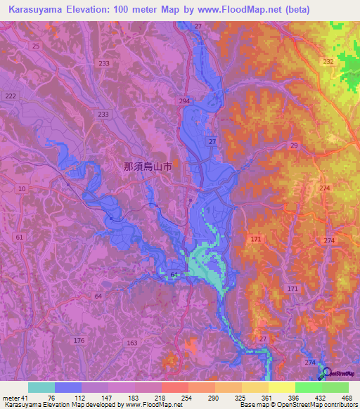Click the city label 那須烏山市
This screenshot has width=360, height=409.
148,167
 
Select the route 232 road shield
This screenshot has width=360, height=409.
328,62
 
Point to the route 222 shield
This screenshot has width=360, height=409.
10,96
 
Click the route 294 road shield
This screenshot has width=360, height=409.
184,102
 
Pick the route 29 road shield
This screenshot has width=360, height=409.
293,145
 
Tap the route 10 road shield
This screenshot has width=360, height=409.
22,189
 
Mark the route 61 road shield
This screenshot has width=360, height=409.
19,238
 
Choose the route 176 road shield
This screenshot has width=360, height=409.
79,341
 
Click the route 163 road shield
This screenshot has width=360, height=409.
131,343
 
